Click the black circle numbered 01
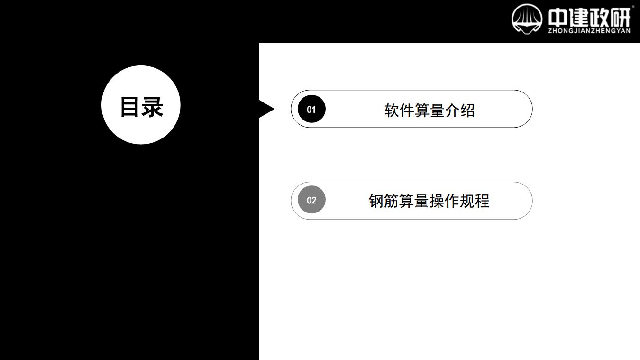pos(311,109)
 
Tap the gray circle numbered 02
pos(311,200)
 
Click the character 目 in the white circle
pos(130,107)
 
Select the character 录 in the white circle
pos(153,107)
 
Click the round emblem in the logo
pos(527,19)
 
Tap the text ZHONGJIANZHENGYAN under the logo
pos(589,31)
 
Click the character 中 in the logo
pos(557,18)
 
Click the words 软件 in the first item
pos(400,111)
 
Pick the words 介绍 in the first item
pos(460,111)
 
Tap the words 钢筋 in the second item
pos(384,201)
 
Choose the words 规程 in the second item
pos(475,201)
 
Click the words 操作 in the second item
pos(444,201)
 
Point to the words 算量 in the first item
pos(430,111)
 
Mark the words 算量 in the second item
pos(414,201)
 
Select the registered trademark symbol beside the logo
pos(633,6)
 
